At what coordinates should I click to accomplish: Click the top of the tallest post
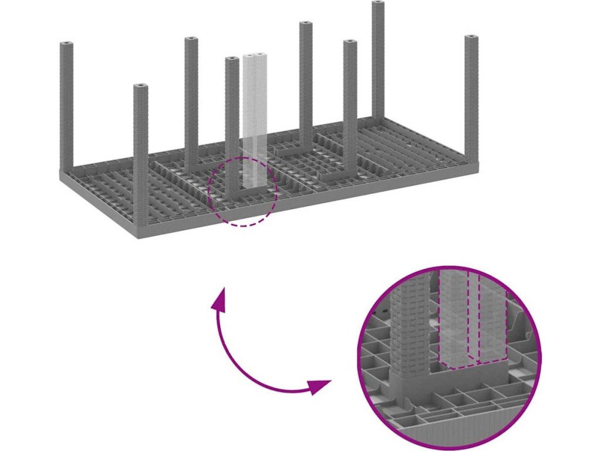coord(379,5)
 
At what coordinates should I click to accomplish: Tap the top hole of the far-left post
coord(66,45)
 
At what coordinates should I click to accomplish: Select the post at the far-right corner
coord(472,100)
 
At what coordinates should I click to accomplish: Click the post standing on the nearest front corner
coord(141,159)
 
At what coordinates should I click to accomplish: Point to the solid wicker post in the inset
coord(411,329)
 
